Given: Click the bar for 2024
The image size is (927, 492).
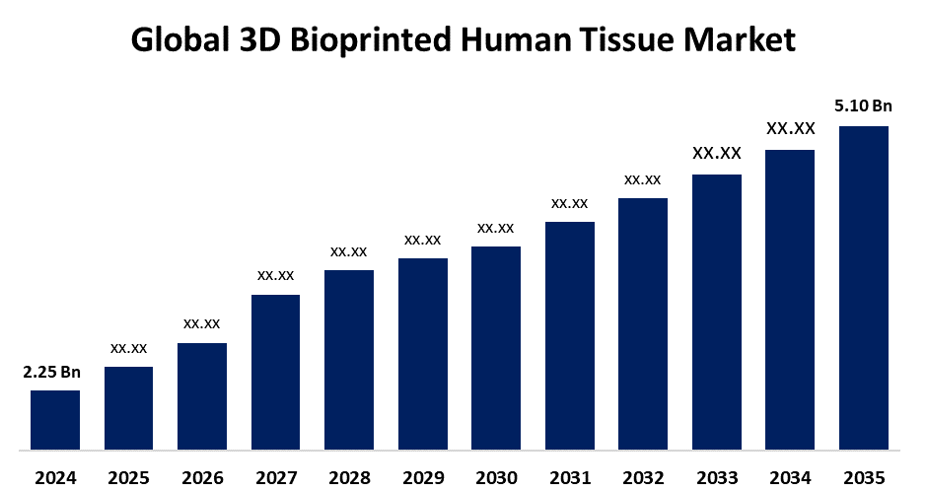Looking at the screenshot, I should [x=55, y=419].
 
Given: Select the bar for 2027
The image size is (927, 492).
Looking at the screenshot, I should [x=276, y=371].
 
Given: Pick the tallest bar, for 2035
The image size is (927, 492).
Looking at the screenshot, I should [x=864, y=287].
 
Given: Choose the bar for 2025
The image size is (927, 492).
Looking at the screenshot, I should [x=128, y=407].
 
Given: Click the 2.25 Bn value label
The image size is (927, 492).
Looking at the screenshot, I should [x=52, y=372].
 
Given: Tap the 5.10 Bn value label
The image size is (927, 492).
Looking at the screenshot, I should [x=863, y=106].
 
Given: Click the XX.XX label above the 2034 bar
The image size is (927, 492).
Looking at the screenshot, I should [x=790, y=129].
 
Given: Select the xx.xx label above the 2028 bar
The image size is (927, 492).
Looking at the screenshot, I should [x=349, y=251].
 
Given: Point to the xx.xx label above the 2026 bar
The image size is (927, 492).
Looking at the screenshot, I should [x=202, y=323].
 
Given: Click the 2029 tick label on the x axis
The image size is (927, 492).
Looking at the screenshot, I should [x=422, y=478].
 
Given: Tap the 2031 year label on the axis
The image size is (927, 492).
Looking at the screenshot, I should [x=569, y=478].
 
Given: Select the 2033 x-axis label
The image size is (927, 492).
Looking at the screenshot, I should [x=717, y=478].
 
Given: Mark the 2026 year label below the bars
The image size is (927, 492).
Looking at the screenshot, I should [x=202, y=478].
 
